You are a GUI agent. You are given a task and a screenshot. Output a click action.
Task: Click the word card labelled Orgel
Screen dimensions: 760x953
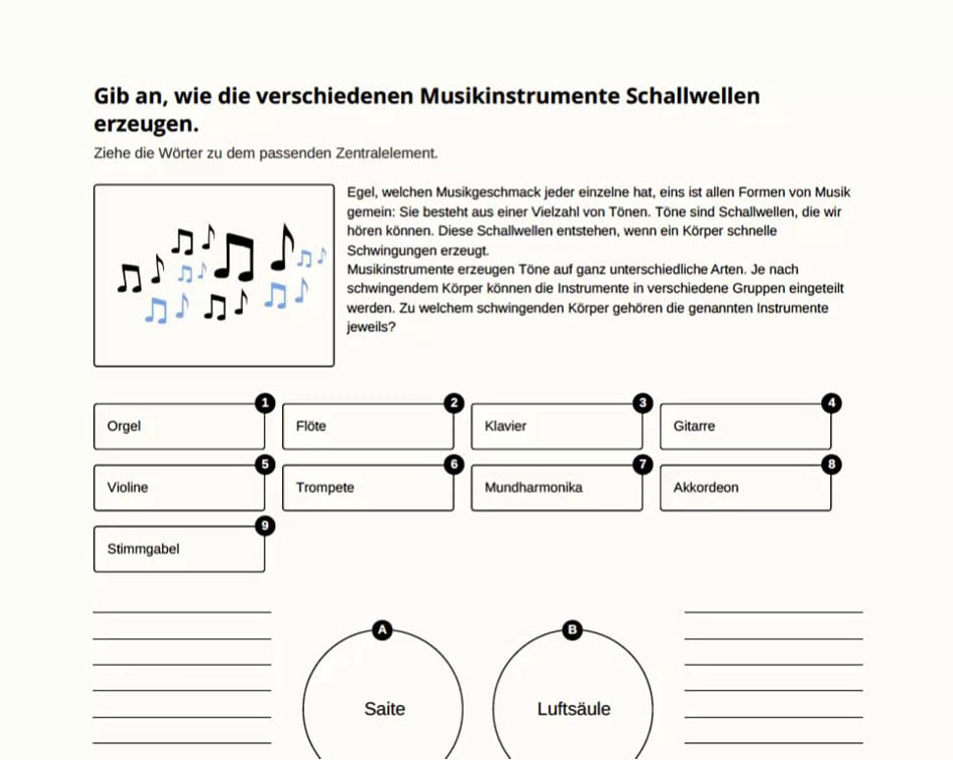pyautogui.click(x=179, y=427)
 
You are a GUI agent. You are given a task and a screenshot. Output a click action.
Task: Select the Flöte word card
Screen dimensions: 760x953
pyautogui.click(x=367, y=427)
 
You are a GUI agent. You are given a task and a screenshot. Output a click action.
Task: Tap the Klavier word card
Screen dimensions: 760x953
pyautogui.click(x=556, y=427)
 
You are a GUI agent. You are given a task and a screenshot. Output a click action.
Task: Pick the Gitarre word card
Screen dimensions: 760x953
pyautogui.click(x=745, y=427)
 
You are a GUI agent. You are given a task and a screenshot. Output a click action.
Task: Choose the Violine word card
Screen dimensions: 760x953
pyautogui.click(x=179, y=488)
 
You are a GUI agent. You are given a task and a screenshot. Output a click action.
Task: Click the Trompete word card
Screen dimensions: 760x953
pyautogui.click(x=367, y=488)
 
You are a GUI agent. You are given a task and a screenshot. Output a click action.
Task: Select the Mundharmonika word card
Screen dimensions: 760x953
pyautogui.click(x=556, y=488)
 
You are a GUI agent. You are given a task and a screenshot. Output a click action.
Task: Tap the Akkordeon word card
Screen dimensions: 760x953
pyautogui.click(x=745, y=488)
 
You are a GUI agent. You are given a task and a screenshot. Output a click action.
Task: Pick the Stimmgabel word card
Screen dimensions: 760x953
pyautogui.click(x=179, y=550)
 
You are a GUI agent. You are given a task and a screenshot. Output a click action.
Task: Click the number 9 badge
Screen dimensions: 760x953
pyautogui.click(x=264, y=526)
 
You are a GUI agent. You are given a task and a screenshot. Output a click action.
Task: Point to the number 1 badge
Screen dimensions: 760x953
pyautogui.click(x=264, y=403)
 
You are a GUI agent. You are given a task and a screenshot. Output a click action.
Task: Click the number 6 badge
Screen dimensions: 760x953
pyautogui.click(x=453, y=464)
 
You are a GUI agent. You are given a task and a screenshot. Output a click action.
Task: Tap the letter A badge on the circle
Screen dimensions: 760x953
pyautogui.click(x=383, y=630)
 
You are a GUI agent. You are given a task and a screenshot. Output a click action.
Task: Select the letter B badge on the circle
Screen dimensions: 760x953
pyautogui.click(x=573, y=630)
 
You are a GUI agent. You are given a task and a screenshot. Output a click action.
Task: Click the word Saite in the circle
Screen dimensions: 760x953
pyautogui.click(x=384, y=709)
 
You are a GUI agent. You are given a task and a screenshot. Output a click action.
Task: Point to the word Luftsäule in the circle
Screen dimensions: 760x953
pyautogui.click(x=574, y=709)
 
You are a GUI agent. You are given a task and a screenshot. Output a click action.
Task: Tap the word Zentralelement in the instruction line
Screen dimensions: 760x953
pyautogui.click(x=385, y=153)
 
